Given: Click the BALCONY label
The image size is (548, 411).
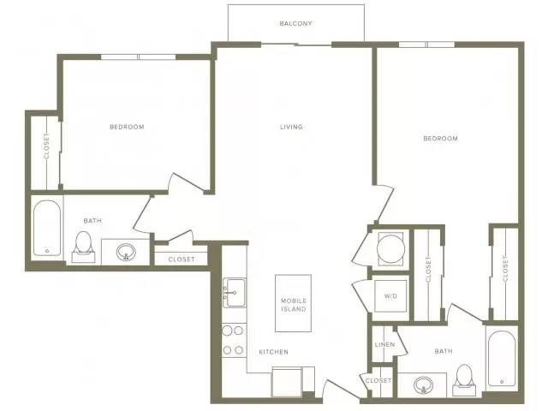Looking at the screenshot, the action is (295, 23).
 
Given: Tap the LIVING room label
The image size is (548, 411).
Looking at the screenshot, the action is (291, 127).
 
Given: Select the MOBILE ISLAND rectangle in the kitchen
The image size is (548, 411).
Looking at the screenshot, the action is (293, 303).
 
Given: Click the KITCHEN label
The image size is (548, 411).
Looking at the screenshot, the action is (274, 352).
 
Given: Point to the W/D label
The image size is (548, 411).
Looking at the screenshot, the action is (390, 296).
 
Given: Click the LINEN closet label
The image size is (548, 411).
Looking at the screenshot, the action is (384, 344).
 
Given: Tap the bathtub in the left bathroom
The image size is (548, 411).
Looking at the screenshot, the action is (47, 228).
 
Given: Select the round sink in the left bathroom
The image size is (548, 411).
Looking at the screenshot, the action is (126, 252).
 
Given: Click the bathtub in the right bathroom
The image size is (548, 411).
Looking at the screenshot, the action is (502, 358).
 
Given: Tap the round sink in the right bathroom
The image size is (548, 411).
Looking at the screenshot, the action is (423, 384).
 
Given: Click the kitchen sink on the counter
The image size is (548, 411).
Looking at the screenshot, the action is (234, 293).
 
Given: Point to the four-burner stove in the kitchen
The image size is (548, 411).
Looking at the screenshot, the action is (234, 340).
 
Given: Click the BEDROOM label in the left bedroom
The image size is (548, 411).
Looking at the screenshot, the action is (127, 127).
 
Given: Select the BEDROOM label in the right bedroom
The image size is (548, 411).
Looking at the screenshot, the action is (440, 139).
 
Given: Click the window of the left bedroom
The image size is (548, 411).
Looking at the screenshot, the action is (139, 57).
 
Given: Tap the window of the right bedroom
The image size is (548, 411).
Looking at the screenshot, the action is (426, 45).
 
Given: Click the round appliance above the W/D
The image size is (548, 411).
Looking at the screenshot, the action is (390, 248).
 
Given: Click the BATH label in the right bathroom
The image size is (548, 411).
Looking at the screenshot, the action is (444, 351).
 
